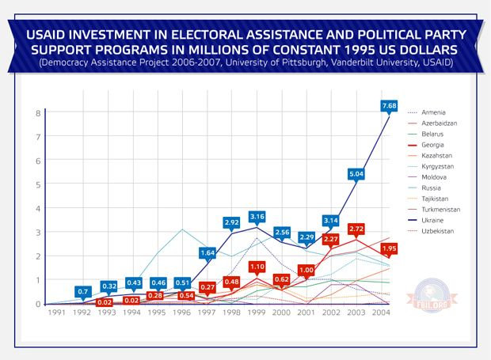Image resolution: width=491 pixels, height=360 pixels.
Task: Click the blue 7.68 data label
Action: coord(389,105)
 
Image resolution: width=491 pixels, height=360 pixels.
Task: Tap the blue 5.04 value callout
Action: coord(356,173)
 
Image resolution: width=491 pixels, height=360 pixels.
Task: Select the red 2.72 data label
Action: coord(356,229)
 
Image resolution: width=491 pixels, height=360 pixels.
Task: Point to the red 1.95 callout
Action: coord(389,248)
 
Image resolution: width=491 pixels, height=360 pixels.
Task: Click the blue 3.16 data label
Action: coord(257,216)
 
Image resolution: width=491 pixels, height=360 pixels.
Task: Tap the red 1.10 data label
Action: coord(257,267)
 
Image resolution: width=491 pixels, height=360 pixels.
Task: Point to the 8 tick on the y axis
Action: coord(37,113)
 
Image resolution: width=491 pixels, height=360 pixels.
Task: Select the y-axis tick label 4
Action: coord(37,208)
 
